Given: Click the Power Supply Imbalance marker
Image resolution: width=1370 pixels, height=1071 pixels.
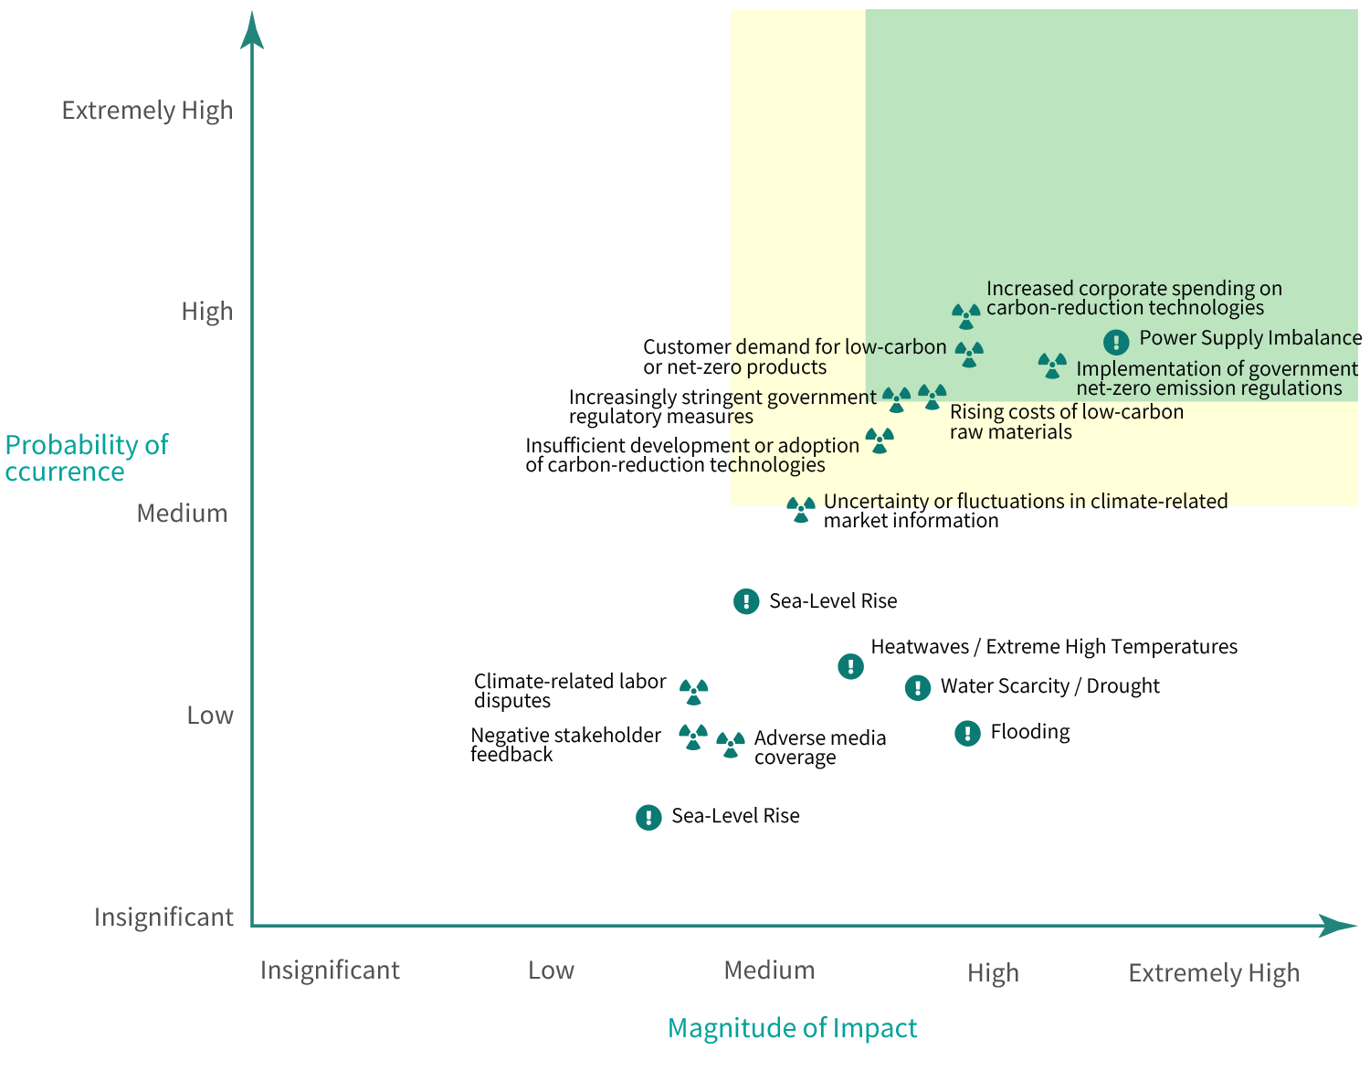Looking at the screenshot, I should click(1115, 342).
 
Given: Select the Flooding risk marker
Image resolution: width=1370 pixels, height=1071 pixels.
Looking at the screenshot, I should click(967, 733).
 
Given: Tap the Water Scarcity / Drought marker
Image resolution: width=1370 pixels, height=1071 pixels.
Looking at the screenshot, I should click(917, 687).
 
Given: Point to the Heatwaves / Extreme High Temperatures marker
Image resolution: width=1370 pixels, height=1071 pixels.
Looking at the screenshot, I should click(850, 666).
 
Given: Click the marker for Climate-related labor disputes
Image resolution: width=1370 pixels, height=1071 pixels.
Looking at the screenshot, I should click(693, 692).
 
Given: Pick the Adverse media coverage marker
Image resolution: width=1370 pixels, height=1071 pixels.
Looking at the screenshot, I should click(730, 745).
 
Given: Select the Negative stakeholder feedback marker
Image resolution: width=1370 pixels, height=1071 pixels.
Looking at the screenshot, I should click(693, 737).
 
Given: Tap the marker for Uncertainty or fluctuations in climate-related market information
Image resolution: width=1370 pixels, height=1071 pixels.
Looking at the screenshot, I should click(801, 510).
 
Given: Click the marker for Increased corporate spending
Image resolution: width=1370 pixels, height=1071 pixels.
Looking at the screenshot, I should click(965, 316).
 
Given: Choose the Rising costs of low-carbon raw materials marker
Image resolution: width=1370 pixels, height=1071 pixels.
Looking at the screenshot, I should click(932, 397).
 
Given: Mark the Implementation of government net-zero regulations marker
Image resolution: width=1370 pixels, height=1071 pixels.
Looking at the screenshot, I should click(1052, 366).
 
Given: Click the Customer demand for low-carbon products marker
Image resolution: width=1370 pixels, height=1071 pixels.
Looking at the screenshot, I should click(969, 354).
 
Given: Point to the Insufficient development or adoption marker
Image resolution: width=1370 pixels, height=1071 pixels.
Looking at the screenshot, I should click(880, 440).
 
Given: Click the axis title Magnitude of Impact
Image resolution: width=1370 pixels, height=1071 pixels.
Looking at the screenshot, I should click(792, 1028).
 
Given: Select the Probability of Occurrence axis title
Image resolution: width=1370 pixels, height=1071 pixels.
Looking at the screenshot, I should click(86, 458).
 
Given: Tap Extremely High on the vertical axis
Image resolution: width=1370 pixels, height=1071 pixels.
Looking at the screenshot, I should click(147, 111).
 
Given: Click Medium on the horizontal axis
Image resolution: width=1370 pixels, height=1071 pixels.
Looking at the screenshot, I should click(769, 970).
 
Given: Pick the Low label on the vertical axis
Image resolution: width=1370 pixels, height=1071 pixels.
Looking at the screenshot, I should click(210, 716).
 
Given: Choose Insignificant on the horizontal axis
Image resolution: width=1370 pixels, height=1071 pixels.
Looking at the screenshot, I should click(330, 970).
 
